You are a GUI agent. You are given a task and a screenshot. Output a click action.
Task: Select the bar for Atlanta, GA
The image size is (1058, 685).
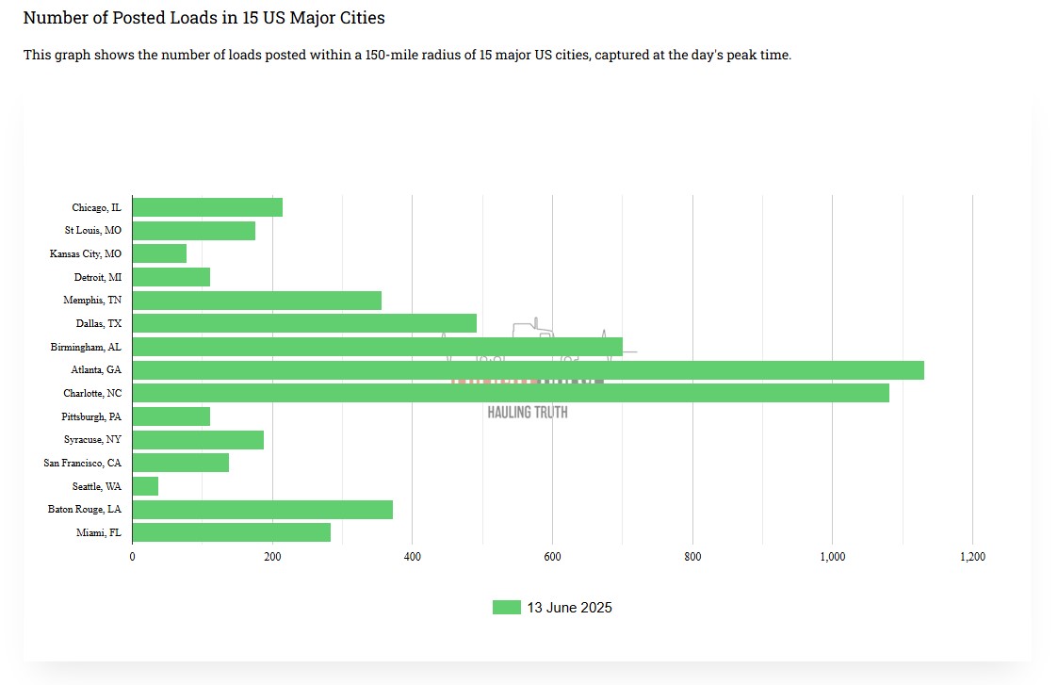(528, 370)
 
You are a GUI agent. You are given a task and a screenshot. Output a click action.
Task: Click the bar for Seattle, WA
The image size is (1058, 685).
(145, 486)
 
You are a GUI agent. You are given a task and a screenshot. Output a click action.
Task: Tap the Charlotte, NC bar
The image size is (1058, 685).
(511, 393)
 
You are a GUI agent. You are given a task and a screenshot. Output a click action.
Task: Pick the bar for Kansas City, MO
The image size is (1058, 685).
(159, 253)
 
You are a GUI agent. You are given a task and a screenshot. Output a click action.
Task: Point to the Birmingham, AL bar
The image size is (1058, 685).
(377, 347)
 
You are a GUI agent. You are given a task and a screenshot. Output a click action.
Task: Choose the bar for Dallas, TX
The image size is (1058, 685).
(304, 323)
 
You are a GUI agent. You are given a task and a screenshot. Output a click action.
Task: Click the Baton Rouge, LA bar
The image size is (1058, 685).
(262, 510)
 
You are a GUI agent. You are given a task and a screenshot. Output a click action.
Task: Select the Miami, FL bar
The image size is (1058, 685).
(232, 532)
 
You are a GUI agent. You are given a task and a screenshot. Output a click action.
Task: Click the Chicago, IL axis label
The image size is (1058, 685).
(96, 207)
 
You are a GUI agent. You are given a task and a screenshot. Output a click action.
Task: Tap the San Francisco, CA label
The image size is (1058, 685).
(82, 463)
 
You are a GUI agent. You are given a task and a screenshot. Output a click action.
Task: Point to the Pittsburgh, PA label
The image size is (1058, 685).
(91, 416)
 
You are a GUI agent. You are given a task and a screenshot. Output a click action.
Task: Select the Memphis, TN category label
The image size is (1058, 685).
(92, 301)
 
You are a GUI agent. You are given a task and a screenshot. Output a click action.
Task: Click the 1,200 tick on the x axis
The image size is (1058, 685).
(972, 557)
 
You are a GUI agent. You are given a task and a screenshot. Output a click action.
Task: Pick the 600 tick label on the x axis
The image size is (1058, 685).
(552, 557)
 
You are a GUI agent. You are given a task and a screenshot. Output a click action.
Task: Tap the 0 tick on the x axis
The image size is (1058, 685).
(132, 557)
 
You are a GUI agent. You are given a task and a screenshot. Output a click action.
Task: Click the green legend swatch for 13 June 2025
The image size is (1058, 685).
(506, 608)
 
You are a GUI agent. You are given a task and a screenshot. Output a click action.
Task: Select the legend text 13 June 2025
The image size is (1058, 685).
(569, 608)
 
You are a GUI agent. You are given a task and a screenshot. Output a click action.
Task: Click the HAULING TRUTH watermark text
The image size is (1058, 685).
(528, 412)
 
